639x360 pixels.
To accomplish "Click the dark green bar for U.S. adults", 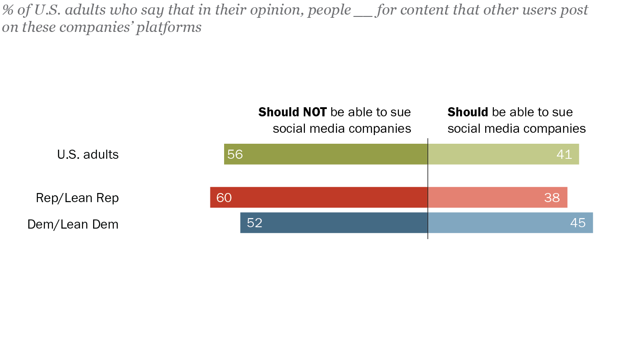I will (326, 154).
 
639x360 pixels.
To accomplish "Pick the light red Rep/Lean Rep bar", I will (498, 198).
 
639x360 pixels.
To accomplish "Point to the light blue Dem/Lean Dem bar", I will (510, 223).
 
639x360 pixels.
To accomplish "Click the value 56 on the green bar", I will (235, 155).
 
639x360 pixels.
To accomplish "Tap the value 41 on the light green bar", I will (564, 155).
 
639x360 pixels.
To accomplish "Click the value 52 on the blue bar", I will (255, 223).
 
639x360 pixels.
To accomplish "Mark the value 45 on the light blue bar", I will (578, 223).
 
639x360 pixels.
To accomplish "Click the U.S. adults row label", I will (88, 155).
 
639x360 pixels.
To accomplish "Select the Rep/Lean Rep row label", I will (77, 198).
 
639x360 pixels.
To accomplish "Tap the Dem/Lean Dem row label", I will (73, 224).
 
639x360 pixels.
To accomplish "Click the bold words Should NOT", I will (293, 112).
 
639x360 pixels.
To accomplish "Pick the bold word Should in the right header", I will (468, 112).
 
